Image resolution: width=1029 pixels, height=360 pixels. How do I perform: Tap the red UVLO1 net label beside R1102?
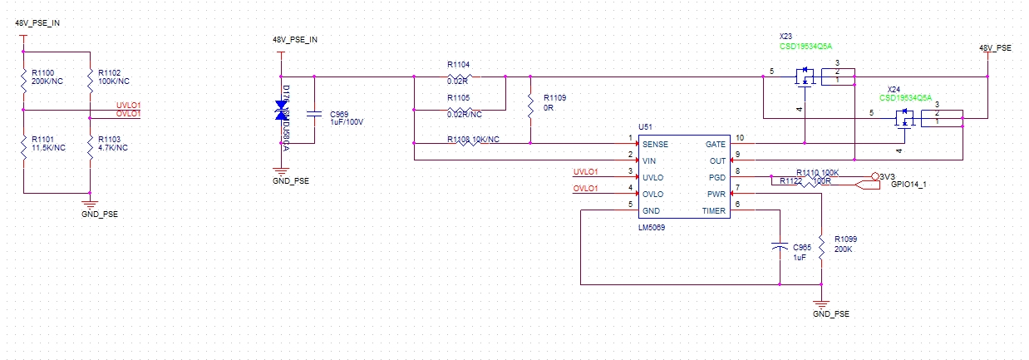click(x=128, y=105)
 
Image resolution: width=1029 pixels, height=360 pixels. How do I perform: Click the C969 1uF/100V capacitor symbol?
click(x=313, y=115)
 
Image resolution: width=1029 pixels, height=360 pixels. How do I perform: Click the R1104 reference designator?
click(x=458, y=64)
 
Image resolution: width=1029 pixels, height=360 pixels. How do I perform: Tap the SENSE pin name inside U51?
click(x=655, y=144)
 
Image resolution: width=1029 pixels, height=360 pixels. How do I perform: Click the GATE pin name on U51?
click(x=716, y=144)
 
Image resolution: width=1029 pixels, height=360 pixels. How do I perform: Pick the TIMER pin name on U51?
click(x=713, y=210)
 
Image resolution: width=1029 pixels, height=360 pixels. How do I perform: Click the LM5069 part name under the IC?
click(x=652, y=226)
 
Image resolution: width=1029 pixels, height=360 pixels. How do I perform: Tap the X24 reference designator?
click(x=894, y=89)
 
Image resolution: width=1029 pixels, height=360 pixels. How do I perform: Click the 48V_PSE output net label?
click(x=995, y=48)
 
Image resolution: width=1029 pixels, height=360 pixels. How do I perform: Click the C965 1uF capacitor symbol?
click(x=780, y=248)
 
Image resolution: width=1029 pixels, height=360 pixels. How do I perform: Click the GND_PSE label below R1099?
click(x=831, y=315)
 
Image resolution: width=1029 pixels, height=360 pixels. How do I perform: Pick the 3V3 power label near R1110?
click(x=886, y=176)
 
